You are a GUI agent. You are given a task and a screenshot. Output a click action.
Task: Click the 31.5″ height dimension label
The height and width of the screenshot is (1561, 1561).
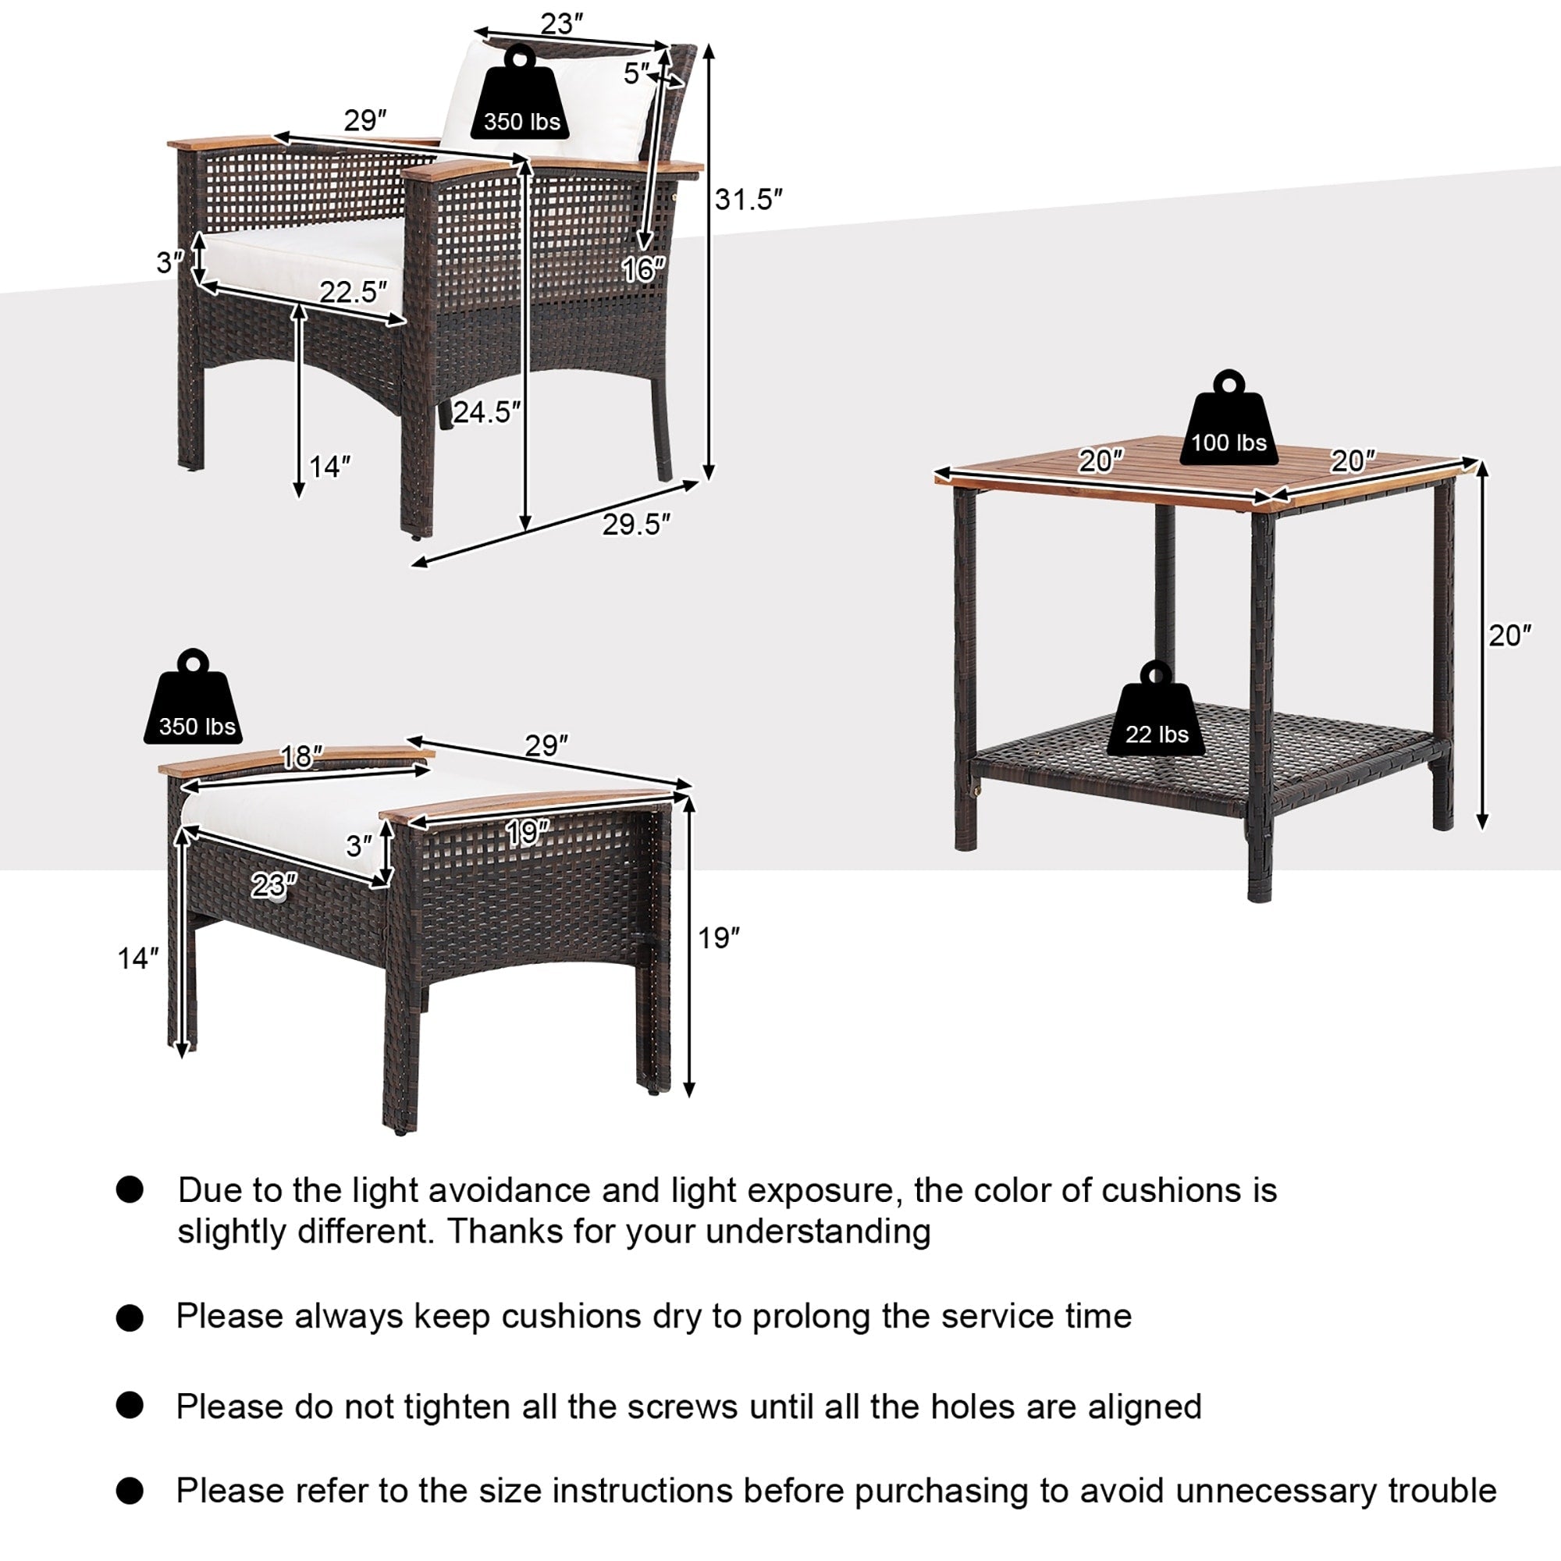[748, 200]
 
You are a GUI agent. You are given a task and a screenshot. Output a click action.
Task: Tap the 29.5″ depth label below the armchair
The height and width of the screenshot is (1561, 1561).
[636, 524]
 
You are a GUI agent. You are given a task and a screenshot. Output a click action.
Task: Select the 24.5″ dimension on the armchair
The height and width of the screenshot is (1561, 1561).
[485, 412]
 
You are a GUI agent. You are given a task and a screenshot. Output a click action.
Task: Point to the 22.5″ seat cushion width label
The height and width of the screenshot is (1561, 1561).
[353, 292]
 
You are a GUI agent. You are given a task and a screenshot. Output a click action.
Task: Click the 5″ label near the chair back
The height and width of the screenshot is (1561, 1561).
[637, 73]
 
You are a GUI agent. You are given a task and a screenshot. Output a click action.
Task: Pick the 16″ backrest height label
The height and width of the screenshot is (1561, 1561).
[644, 270]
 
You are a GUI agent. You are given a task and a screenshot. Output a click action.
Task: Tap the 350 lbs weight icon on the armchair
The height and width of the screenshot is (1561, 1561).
[521, 96]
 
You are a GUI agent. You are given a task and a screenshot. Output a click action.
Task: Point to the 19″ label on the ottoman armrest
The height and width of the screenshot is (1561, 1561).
[527, 833]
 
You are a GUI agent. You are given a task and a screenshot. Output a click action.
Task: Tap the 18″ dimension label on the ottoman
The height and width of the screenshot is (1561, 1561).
[300, 757]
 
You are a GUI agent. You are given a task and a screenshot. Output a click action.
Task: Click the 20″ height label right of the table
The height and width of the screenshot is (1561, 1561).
[1509, 636]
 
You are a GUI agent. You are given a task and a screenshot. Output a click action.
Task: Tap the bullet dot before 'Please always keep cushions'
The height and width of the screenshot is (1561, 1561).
[130, 1318]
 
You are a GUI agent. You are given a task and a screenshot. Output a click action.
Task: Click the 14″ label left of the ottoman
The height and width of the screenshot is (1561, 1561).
[137, 958]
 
